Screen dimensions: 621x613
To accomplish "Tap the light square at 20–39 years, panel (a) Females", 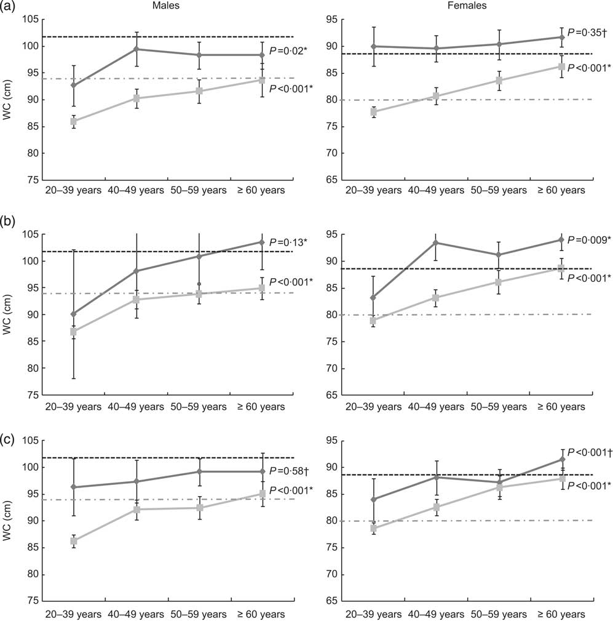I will (374, 112).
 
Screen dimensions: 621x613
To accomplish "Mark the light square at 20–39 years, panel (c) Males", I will (74, 541).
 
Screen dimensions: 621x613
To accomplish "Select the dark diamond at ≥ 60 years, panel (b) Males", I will (262, 242).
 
